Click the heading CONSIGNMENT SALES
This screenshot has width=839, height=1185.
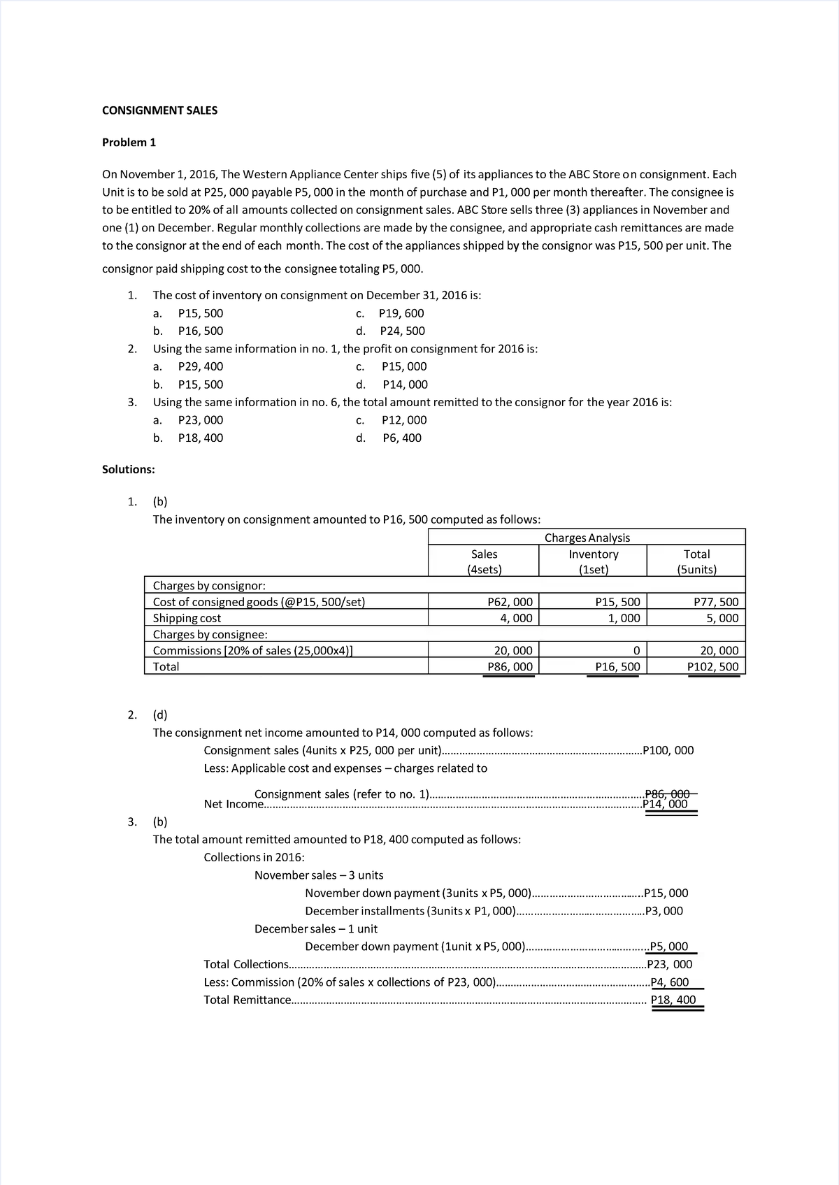coord(159,110)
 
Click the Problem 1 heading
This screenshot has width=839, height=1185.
coord(129,143)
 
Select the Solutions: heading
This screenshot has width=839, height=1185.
coord(129,469)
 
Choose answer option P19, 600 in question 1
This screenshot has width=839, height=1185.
coord(401,313)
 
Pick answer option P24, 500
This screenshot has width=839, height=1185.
coord(402,331)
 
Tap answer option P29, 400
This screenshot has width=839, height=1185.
coord(201,366)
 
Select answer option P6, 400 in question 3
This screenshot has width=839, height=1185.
coord(402,438)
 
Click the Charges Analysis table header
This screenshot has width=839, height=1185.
coord(587,538)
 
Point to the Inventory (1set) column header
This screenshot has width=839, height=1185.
coord(593,561)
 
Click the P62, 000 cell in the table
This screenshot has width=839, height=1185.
coord(509,602)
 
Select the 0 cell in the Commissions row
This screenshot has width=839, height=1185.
coord(636,650)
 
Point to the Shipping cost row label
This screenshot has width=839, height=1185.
coord(187,618)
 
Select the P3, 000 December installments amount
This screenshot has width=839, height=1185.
coord(664,911)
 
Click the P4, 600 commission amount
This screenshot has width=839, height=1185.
coord(670,982)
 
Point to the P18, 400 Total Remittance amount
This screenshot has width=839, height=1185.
coord(673,1000)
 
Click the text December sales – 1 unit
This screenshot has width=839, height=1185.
coord(315,928)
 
